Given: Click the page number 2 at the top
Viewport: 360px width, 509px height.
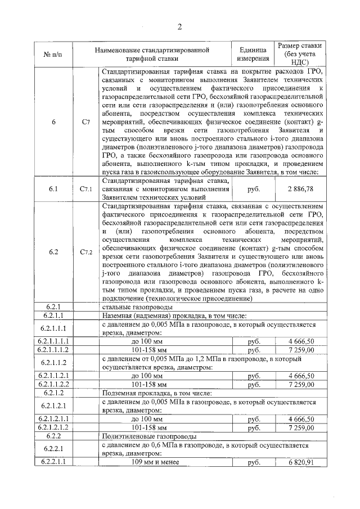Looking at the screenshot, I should pyautogui.click(x=179, y=26).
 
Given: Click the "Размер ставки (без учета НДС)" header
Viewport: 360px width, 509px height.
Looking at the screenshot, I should pyautogui.click(x=300, y=54).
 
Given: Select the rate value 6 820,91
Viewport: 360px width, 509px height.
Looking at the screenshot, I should pyautogui.click(x=300, y=462).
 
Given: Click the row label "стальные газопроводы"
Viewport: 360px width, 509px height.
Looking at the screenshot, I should pyautogui.click(x=132, y=307).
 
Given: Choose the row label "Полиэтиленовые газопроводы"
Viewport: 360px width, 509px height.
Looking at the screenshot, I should pyautogui.click(x=149, y=436).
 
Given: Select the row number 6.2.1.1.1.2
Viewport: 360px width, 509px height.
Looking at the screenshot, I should pyautogui.click(x=53, y=349).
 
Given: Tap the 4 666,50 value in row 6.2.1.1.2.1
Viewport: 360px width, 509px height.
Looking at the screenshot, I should pyautogui.click(x=300, y=375).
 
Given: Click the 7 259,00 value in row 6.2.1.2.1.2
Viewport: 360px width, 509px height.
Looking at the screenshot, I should pyautogui.click(x=300, y=427).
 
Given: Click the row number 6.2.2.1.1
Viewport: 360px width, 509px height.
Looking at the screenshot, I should pyautogui.click(x=53, y=462).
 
